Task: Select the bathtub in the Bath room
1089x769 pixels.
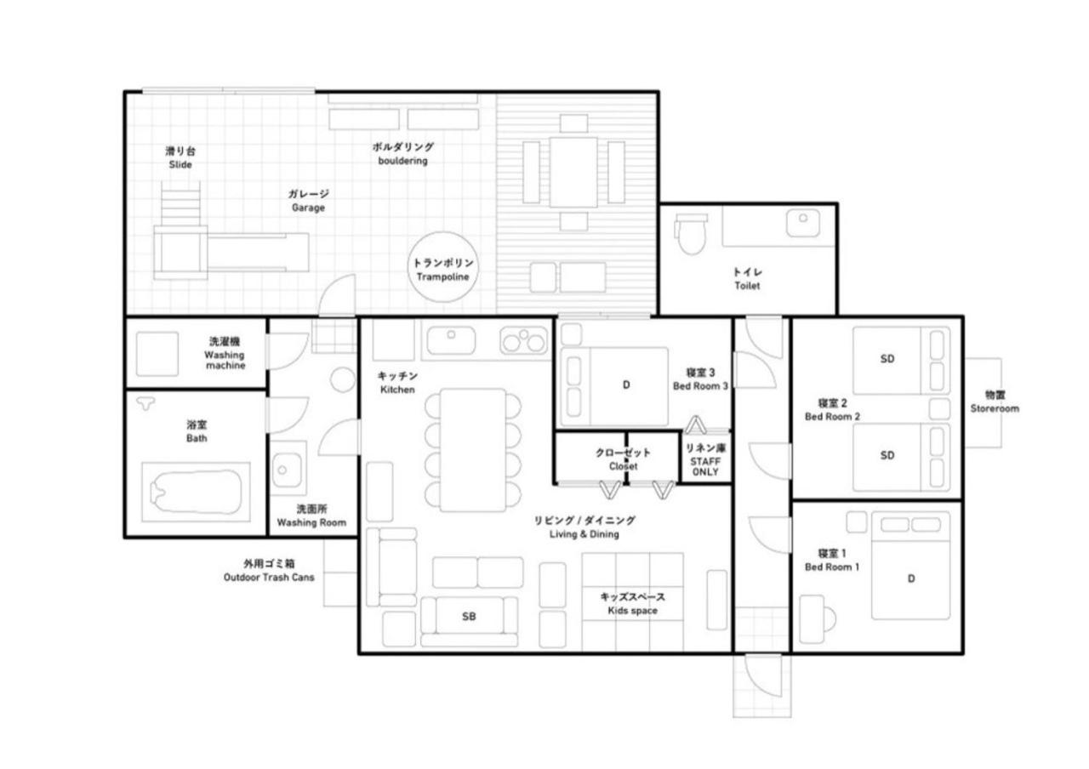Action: tap(197, 493)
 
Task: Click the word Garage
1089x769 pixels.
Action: tap(308, 208)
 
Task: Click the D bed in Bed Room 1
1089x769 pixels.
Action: tap(910, 566)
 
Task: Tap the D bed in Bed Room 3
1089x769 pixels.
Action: tap(614, 386)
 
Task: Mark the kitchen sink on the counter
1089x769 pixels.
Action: tap(451, 340)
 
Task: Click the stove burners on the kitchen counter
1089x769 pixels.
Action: tap(523, 339)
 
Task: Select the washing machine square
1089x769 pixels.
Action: tap(157, 354)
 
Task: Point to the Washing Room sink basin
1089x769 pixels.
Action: tap(287, 470)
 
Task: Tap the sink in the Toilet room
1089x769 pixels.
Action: tap(803, 223)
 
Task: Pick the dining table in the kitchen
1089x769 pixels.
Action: tap(472, 450)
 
